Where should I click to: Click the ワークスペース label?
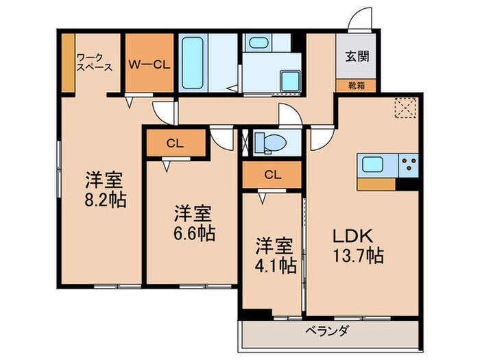coord(94,62)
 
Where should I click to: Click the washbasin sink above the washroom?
coord(259,43)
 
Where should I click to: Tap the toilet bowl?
coord(271,143)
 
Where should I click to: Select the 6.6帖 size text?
coord(193,232)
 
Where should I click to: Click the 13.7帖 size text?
coord(358,256)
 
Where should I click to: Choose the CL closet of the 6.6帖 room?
coord(175,143)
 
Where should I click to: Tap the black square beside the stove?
coord(409,184)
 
